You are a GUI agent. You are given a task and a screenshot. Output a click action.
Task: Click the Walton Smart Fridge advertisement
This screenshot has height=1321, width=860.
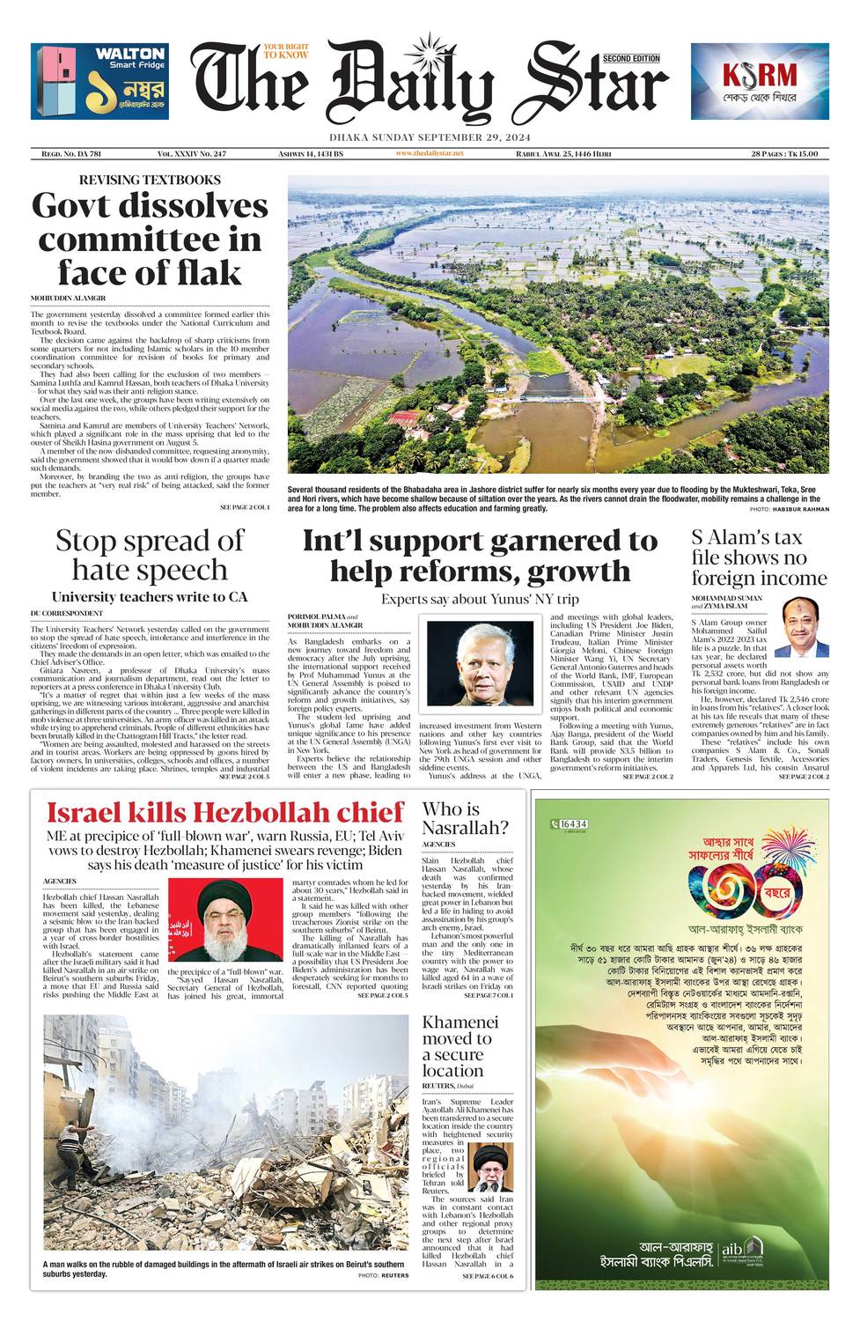coord(99,81)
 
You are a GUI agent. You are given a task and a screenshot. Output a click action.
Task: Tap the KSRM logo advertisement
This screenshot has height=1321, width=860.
coord(759,81)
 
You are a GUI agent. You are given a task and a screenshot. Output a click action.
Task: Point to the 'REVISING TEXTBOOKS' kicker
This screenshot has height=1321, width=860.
coord(150,180)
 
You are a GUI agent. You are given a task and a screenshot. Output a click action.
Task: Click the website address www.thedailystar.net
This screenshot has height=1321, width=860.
coord(430,153)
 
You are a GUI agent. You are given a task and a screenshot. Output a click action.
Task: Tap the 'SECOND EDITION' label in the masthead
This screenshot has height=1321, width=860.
coord(631,58)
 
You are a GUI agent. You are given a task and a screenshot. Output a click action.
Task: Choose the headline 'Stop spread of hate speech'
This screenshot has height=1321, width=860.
coord(150,555)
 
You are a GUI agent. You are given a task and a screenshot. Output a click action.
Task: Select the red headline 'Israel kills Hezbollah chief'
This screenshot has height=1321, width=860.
coord(225,812)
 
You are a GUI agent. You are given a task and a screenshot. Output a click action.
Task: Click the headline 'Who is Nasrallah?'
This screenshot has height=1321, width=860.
coord(465,818)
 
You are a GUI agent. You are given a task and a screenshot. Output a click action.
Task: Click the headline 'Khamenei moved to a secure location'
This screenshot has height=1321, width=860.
coord(460,1046)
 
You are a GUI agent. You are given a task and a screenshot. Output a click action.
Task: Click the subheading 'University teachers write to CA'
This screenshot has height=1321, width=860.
coord(150,597)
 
